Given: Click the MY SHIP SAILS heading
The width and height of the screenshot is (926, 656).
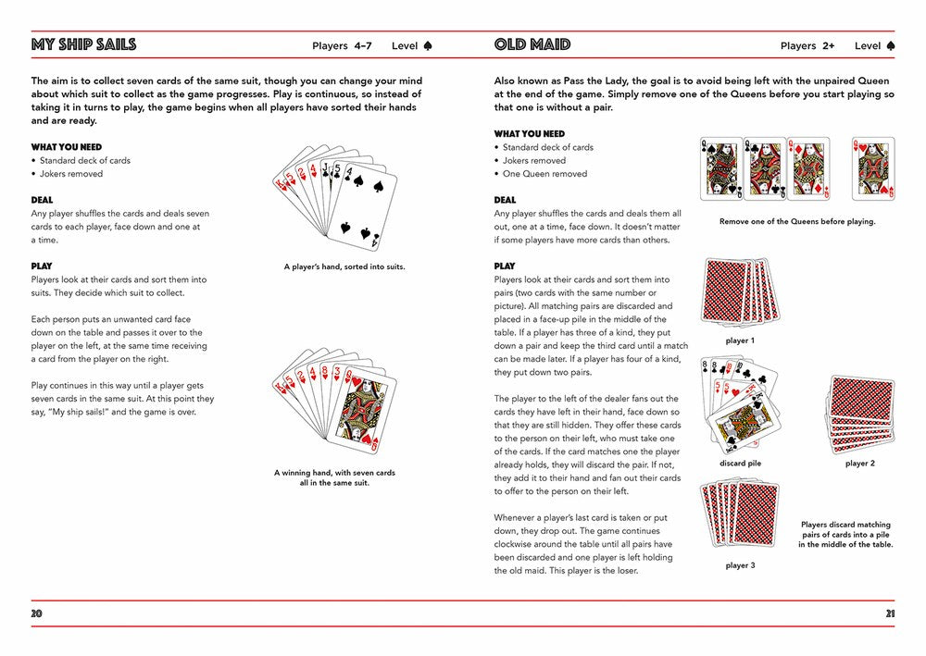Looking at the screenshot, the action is click(x=84, y=44).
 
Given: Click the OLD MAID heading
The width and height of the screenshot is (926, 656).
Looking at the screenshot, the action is click(x=532, y=44).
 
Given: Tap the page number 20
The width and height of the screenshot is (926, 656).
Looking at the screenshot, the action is click(x=37, y=613).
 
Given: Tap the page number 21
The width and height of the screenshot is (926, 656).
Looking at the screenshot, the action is click(x=890, y=613).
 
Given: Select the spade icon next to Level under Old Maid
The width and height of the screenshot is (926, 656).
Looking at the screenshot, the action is click(x=891, y=45).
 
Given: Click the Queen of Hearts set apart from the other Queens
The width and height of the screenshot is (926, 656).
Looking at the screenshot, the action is click(x=873, y=168).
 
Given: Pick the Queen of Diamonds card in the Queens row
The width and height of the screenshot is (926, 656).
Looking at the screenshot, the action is click(x=808, y=168).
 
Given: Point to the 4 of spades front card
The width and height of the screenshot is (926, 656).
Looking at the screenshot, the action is click(x=363, y=206).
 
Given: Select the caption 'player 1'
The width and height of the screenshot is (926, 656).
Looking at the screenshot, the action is click(x=740, y=340).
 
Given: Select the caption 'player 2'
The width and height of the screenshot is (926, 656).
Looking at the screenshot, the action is click(x=860, y=464).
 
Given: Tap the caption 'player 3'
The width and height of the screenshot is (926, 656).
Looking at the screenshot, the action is click(x=740, y=565).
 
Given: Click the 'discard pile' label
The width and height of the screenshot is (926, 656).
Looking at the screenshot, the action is click(x=740, y=464).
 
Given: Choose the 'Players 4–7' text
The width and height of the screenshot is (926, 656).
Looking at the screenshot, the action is click(x=342, y=46).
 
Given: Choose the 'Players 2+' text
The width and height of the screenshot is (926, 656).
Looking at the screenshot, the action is click(x=807, y=46).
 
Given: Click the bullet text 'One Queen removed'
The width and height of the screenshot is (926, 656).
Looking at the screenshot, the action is click(x=544, y=173).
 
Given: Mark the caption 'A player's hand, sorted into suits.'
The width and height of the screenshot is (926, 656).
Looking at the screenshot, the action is click(x=344, y=266).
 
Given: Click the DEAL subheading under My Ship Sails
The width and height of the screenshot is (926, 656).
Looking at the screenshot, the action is click(x=42, y=200).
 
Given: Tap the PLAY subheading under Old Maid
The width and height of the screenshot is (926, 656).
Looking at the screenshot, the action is click(x=505, y=266).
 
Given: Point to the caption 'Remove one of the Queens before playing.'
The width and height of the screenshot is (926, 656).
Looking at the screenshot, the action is click(x=797, y=221).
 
